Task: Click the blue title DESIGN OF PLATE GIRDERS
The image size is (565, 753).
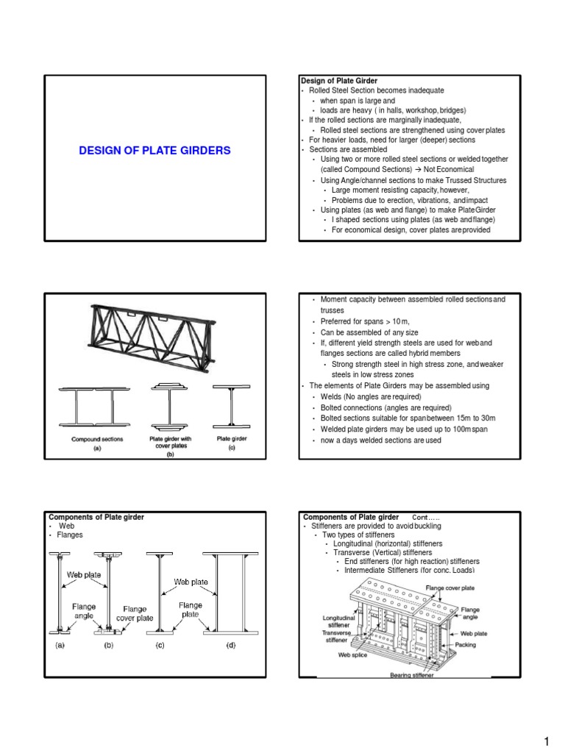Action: pyautogui.click(x=154, y=151)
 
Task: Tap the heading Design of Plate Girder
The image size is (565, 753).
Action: pyautogui.click(x=338, y=79)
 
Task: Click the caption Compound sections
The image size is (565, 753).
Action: pyautogui.click(x=96, y=439)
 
